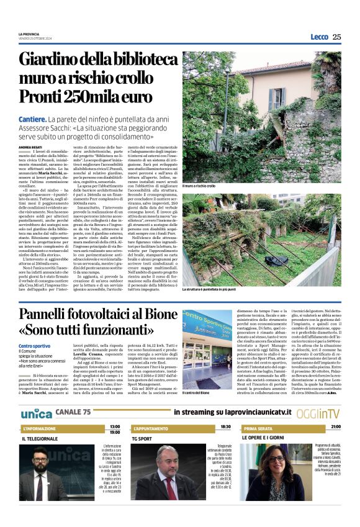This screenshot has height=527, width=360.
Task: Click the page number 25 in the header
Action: point(336,37)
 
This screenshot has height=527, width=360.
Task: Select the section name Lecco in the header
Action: point(319,37)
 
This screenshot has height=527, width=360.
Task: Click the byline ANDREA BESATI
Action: point(32,146)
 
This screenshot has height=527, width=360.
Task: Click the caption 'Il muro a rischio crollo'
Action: point(199,186)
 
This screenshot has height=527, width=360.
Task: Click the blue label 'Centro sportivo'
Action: point(34,346)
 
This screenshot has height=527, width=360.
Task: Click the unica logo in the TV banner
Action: point(36,413)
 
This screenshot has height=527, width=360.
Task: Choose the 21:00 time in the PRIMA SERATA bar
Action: point(335,427)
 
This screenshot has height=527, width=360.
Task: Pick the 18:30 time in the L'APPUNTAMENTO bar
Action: point(225,427)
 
